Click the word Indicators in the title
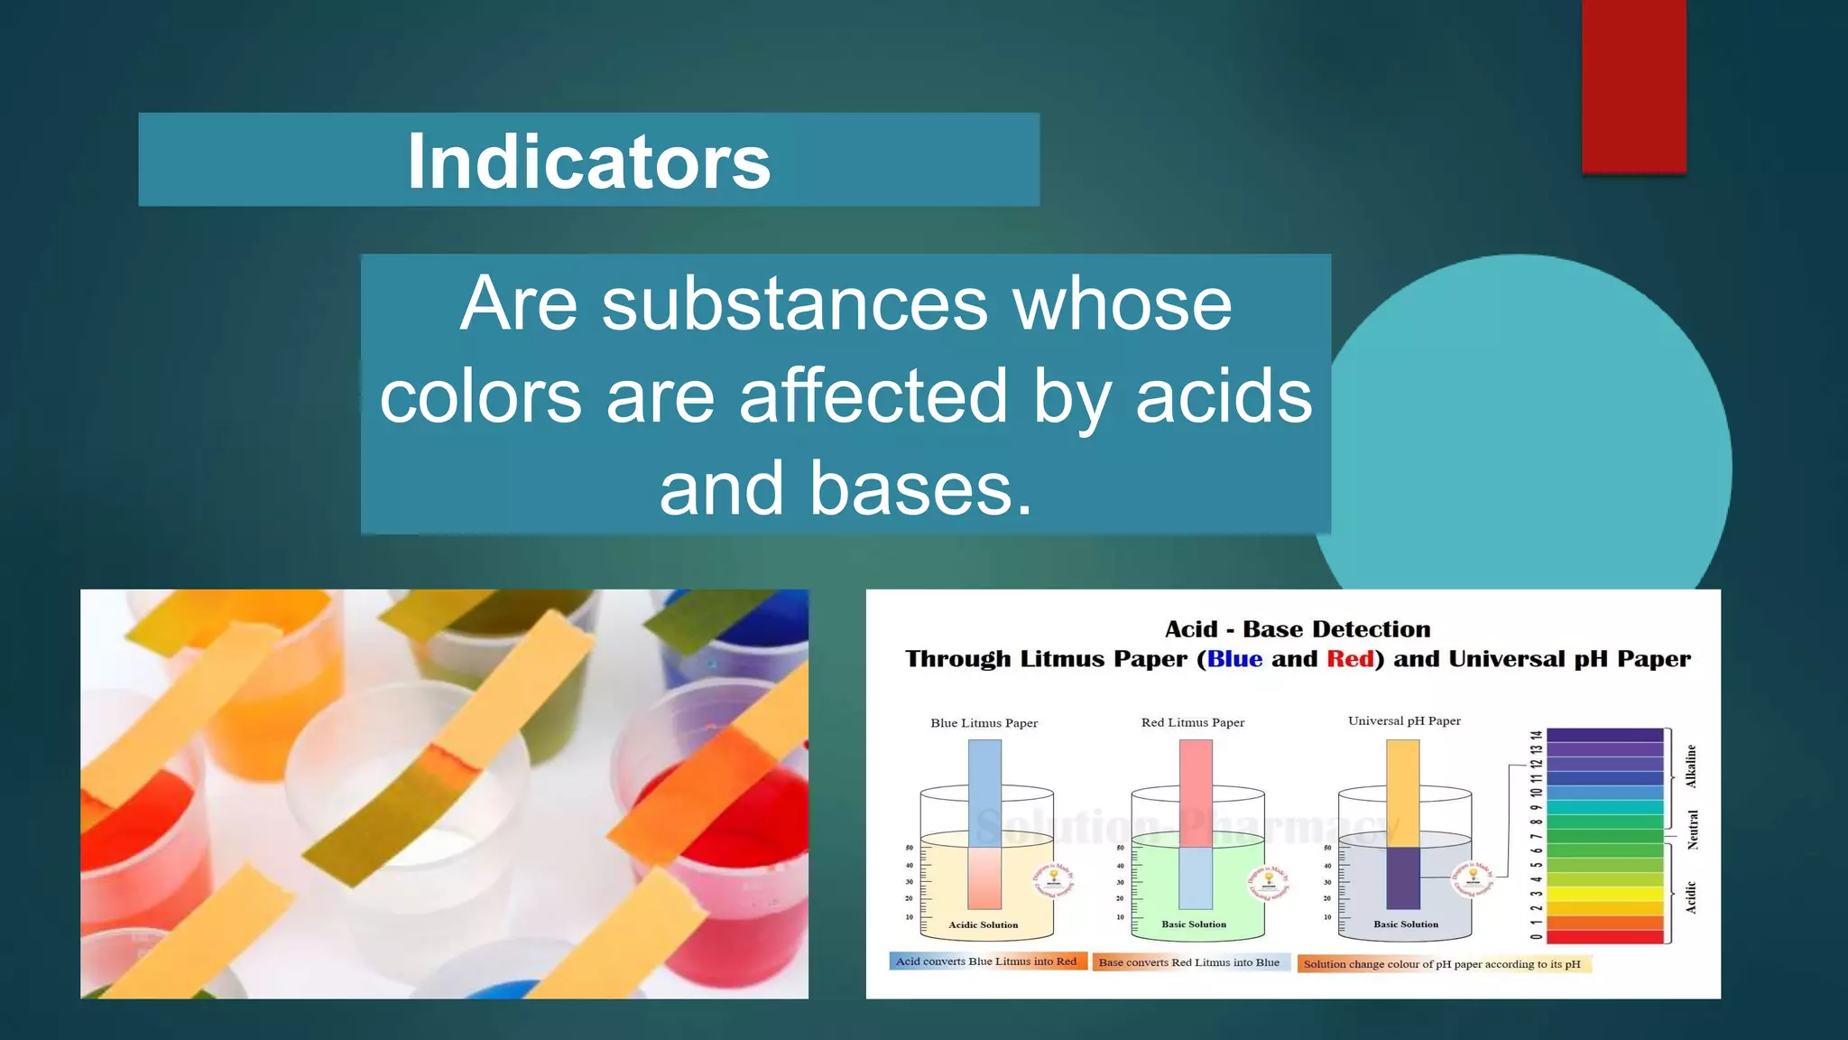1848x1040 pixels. (588, 162)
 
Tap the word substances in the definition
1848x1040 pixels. (794, 304)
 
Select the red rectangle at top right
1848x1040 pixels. (1633, 86)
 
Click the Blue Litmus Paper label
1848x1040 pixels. (984, 723)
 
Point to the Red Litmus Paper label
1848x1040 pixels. (1192, 722)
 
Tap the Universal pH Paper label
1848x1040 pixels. (1404, 720)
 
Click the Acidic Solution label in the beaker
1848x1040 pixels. (983, 924)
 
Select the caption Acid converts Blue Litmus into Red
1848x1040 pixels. (986, 961)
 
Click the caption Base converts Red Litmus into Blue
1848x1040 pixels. (1189, 962)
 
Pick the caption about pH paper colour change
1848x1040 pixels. (1442, 964)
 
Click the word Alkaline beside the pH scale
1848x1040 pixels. (1691, 766)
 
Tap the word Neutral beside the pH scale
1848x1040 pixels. (1693, 830)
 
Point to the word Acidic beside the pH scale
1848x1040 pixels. (1691, 897)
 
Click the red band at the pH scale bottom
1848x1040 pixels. (1604, 937)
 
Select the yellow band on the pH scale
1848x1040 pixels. (1604, 894)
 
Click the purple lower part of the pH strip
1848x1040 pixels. (1402, 877)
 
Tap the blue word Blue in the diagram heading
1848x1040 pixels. (1234, 659)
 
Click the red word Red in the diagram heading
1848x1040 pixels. (1350, 659)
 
